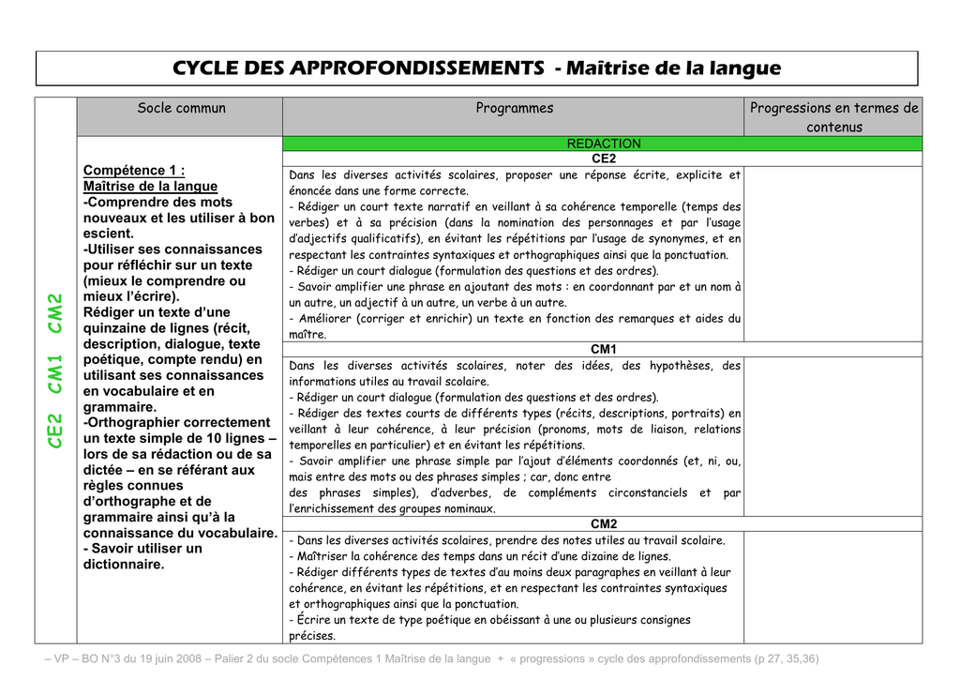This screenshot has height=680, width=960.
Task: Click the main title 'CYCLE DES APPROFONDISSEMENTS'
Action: coord(358,68)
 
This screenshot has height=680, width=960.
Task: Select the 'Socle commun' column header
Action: coord(181,108)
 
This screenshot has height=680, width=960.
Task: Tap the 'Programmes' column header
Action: coord(514,108)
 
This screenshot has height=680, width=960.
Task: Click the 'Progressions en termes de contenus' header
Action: coord(833,117)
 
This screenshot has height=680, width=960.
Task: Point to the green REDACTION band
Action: coord(604,144)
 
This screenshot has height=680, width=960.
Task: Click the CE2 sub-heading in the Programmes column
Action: coord(604,159)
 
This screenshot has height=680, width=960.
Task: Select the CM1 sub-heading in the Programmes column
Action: coord(603,349)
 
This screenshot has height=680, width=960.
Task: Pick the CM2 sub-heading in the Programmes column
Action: coord(603,523)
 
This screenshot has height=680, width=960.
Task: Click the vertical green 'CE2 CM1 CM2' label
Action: coord(55,370)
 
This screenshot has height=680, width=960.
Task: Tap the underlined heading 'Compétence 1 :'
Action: coord(133,170)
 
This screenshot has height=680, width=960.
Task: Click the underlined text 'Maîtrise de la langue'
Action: coord(150,186)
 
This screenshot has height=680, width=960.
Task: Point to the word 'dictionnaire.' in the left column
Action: coord(124,565)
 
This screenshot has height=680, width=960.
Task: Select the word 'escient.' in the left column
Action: coord(109,234)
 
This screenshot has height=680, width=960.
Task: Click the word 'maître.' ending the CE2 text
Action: coord(307,334)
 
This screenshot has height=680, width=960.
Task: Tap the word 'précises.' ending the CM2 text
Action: coord(312,636)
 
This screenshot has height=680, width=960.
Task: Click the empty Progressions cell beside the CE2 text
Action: coord(832,253)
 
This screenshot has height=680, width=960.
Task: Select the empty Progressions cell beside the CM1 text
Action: coord(832,436)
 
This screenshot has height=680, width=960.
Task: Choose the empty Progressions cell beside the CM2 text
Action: coord(832,587)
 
